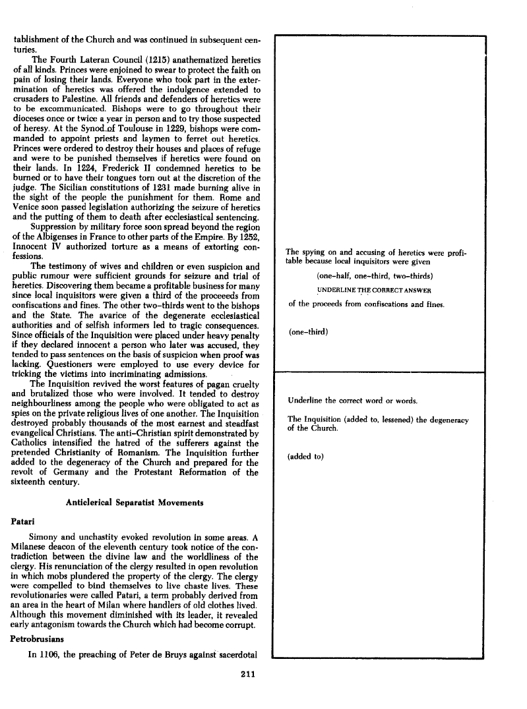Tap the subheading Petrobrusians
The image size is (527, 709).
click(42, 638)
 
